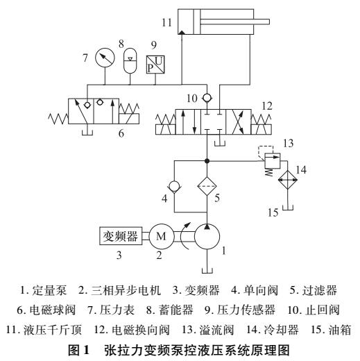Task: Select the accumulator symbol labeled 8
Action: [x=130, y=60]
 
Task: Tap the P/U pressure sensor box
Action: [x=155, y=65]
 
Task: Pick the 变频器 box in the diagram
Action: [x=121, y=236]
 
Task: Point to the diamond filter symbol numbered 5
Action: [x=207, y=186]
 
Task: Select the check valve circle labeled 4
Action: [x=174, y=186]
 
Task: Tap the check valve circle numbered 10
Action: [x=207, y=98]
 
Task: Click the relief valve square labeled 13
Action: [x=272, y=160]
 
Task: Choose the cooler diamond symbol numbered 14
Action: [x=287, y=180]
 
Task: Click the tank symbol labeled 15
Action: [x=287, y=208]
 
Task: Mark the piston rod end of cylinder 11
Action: [x=268, y=22]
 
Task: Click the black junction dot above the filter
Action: [x=207, y=160]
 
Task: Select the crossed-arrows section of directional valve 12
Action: [x=239, y=122]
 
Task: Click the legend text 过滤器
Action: [x=320, y=290]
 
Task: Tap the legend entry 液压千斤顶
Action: [x=53, y=330]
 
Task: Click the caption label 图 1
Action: [x=78, y=351]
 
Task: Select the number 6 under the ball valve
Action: [x=121, y=133]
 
